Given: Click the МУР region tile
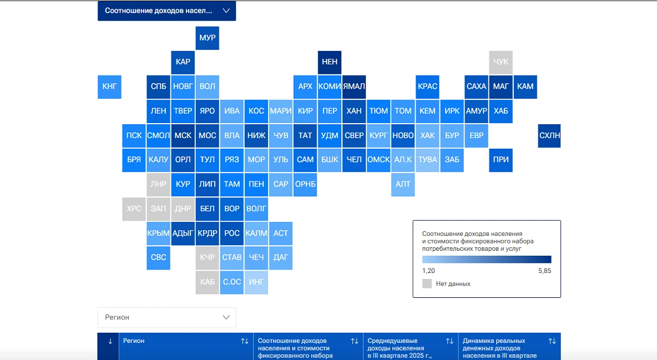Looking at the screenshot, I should pos(207,38).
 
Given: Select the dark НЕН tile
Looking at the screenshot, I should pos(330,62).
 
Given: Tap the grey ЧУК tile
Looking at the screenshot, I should pos(501,62).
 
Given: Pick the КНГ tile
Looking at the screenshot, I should pos(109,87).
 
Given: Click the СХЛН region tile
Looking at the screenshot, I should pos(549,135).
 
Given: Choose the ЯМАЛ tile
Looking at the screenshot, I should pos(354,87).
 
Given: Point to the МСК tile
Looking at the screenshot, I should pos(183,135).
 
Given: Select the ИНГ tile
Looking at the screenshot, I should pos(256,282).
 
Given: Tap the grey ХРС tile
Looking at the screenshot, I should pos(134,209).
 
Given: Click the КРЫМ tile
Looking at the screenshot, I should pos(158,233).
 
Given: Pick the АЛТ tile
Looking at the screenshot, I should pos(403,184).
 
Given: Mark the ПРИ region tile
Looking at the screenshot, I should pos(501,160).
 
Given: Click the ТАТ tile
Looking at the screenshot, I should pos(305,135).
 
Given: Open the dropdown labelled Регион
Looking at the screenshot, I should pos(166,317).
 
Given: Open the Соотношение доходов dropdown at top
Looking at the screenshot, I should pos(166,11).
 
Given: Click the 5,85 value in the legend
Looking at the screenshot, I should pos(544,271).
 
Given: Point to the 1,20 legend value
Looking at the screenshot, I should pos(428,271).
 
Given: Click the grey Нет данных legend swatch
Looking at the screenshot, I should pos(427,283).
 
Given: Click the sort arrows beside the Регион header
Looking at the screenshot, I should pos(245,341).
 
